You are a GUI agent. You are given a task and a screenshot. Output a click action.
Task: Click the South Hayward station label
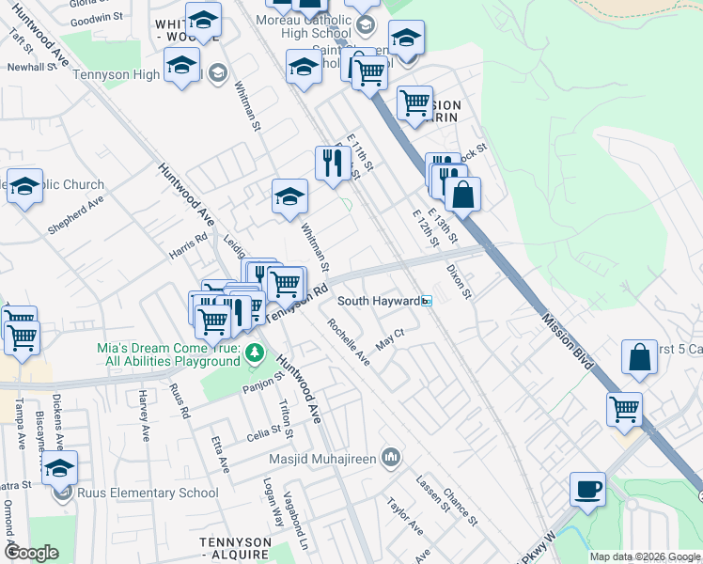378,301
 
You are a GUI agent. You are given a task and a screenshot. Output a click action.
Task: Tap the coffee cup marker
587,490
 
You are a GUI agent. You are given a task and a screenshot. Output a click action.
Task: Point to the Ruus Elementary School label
146,493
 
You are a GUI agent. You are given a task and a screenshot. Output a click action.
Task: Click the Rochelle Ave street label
348,342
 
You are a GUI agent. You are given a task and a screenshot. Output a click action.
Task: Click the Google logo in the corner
31,553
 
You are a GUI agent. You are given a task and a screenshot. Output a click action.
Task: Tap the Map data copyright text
644,556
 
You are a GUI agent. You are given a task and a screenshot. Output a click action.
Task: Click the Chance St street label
461,508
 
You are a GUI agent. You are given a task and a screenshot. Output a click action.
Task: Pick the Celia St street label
263,435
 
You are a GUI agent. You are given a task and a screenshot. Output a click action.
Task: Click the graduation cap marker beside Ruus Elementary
59,469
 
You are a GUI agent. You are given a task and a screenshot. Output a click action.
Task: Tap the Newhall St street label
32,68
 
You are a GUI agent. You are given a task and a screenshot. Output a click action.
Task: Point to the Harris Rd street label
187,248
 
